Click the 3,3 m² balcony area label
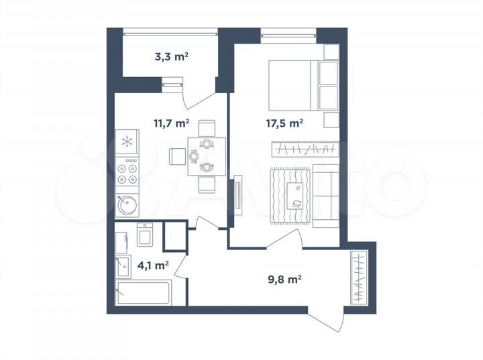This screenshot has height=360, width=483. click(x=171, y=57)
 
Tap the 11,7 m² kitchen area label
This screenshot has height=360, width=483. click(x=171, y=123)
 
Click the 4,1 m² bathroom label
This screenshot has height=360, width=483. click(x=152, y=265)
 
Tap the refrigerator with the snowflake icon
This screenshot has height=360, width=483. click(x=126, y=141)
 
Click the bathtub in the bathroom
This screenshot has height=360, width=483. click(x=143, y=292)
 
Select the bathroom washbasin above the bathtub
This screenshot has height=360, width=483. click(x=122, y=266)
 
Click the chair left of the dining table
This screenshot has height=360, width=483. click(x=177, y=156)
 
